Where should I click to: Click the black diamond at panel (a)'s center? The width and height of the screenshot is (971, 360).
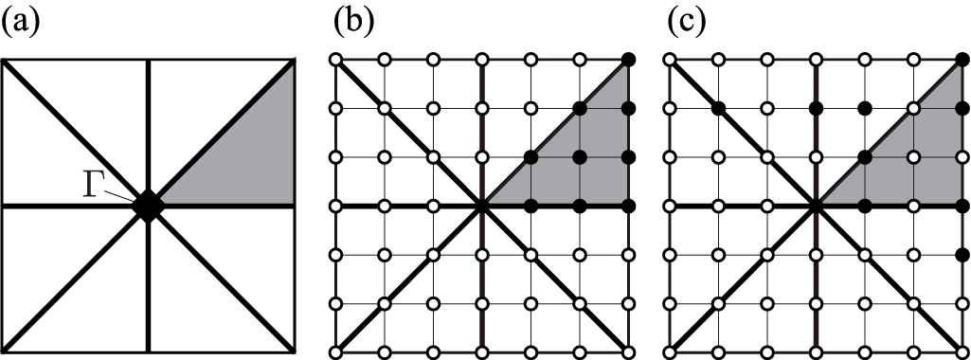[148, 204]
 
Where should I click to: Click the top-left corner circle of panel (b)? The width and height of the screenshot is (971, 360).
[334, 61]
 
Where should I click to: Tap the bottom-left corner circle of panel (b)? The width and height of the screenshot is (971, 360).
[334, 353]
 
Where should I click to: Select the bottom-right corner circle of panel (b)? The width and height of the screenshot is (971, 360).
[629, 353]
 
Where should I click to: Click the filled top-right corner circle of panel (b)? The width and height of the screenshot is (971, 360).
[629, 61]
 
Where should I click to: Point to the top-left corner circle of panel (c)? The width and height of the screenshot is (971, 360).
[669, 61]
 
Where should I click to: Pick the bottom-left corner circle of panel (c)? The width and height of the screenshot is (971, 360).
[669, 353]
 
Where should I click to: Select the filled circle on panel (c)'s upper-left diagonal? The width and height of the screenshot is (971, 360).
[718, 108]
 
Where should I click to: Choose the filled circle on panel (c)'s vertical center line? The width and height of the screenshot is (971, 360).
[815, 108]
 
